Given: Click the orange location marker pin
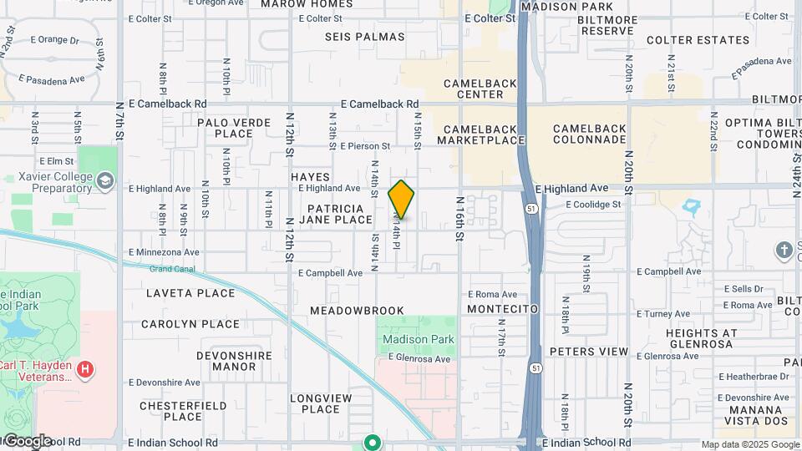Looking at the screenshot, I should tap(401, 200).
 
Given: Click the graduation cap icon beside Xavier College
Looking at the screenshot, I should tap(105, 180).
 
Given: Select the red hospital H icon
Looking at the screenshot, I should tap(84, 368).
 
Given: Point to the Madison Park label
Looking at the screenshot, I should tap(419, 339).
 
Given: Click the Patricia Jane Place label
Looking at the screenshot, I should tap(339, 214).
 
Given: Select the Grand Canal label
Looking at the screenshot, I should tap(171, 269).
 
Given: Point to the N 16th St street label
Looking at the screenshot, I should tap(459, 220).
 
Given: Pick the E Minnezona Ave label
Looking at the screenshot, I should tap(164, 251).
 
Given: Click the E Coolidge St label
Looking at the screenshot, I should tap(593, 204).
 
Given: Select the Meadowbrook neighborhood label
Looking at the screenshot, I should tap(357, 311).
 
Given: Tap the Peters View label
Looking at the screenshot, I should tap(588, 352).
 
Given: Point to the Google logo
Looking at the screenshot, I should tap(27, 440).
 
